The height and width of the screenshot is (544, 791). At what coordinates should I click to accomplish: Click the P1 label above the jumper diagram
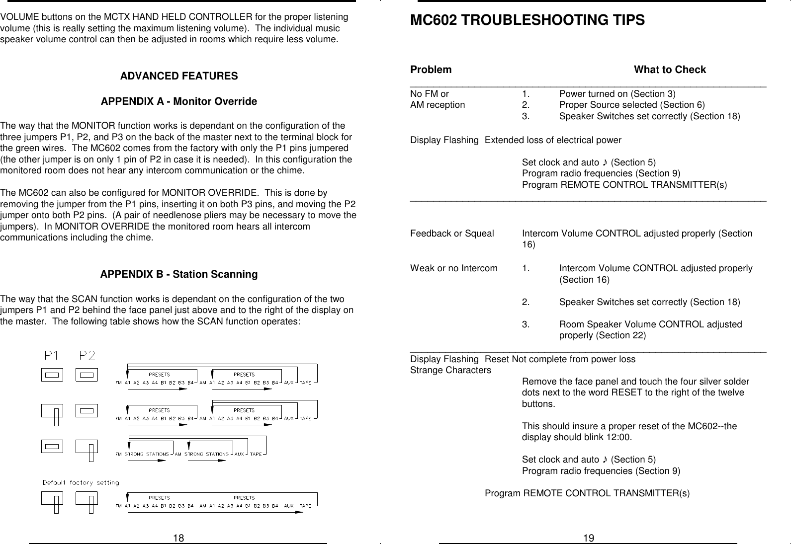pos(52,355)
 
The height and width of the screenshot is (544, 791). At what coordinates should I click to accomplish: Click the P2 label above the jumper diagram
pos(88,355)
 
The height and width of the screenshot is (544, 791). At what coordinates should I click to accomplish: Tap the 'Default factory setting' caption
pos(81,482)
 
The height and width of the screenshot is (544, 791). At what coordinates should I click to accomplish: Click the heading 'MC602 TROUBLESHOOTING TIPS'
pos(527,20)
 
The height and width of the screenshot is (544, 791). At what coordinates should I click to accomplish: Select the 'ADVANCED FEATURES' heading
pos(179,76)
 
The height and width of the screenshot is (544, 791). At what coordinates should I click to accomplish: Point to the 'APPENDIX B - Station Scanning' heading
pos(179,274)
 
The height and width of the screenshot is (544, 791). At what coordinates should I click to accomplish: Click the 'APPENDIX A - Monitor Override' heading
pos(179,101)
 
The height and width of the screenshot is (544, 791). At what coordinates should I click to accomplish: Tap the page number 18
pos(178,538)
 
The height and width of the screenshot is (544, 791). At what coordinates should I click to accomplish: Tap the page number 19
pos(589,538)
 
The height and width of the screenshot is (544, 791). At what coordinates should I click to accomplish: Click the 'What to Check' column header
pos(670,70)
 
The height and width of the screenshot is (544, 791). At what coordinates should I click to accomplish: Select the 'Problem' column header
pos(431,70)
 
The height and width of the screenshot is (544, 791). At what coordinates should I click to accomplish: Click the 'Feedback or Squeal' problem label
pos(452,233)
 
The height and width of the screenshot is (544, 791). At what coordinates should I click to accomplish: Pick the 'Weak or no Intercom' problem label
pos(453,268)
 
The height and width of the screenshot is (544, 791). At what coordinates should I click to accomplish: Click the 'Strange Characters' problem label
pos(450,370)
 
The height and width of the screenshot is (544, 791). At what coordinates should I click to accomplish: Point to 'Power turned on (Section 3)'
pos(617,94)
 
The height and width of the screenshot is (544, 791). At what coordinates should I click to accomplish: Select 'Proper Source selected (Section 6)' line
pos(631,105)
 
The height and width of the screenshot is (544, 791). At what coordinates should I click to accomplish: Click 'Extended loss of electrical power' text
pos(553,140)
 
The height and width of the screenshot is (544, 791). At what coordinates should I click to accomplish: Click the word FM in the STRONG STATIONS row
pos(118,454)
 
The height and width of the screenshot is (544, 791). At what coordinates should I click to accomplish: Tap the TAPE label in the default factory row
pos(305,506)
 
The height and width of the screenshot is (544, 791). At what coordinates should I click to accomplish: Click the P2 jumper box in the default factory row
pos(87,498)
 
